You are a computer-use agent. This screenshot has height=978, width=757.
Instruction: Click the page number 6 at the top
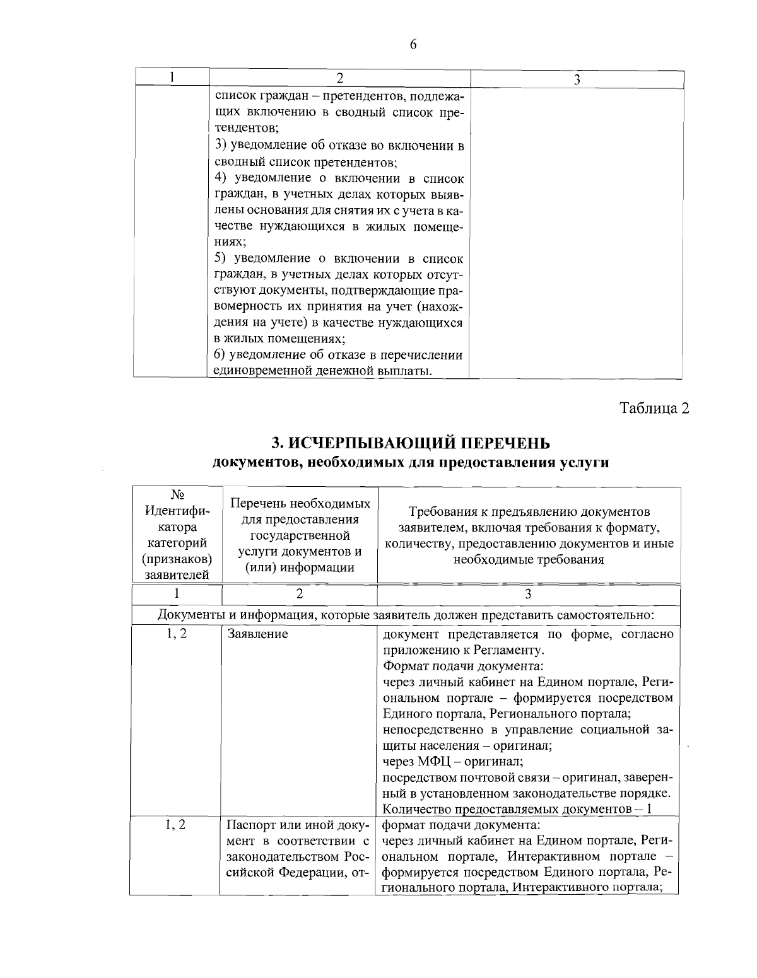tap(413, 44)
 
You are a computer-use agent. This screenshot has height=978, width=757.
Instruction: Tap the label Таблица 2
tap(654, 408)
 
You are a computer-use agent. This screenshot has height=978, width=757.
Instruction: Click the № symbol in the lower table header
tap(177, 494)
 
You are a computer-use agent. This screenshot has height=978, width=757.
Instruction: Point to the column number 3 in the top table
tap(577, 79)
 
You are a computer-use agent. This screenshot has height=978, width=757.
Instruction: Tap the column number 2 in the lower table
tap(300, 593)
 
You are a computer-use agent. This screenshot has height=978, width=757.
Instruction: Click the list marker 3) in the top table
tap(221, 146)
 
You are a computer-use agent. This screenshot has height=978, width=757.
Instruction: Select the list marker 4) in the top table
tap(221, 178)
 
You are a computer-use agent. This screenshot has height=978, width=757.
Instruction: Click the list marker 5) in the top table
tap(221, 259)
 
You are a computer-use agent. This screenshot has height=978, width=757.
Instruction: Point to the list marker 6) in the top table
tap(221, 355)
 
